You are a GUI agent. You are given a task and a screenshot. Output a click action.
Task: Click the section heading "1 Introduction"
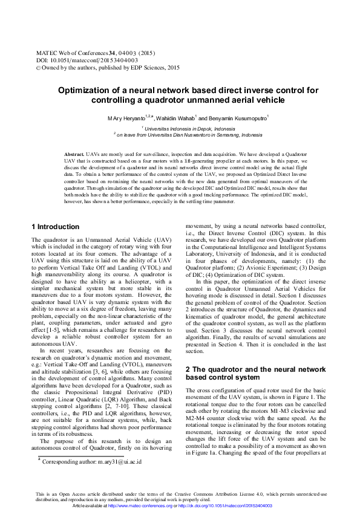click(55, 227)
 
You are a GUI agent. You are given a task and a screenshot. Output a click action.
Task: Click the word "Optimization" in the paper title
click(88, 90)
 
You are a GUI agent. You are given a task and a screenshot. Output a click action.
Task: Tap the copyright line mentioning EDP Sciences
click(108, 68)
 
